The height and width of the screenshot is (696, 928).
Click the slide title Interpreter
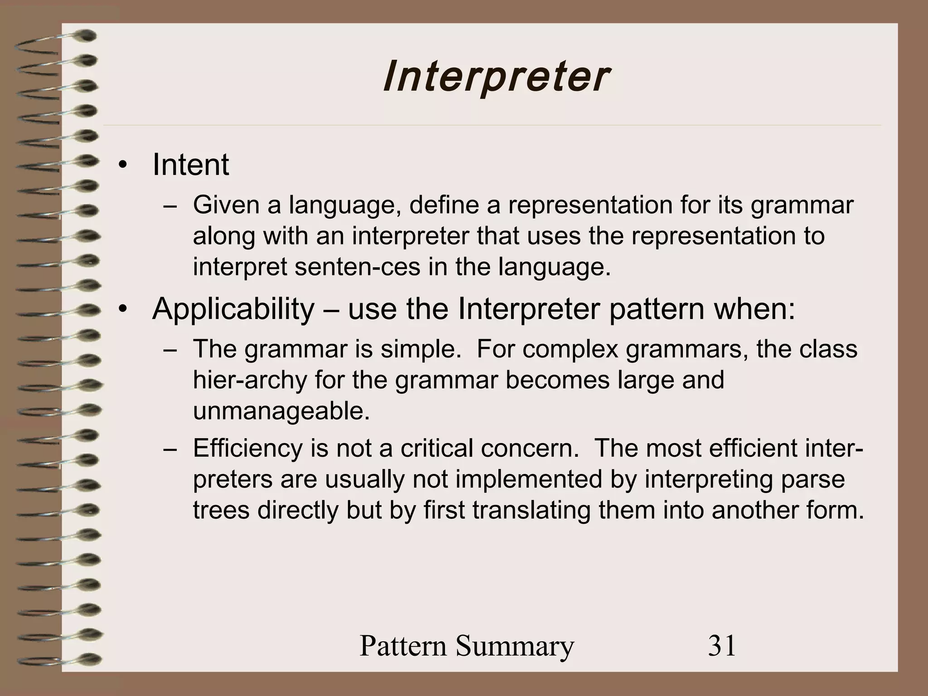pyautogui.click(x=495, y=77)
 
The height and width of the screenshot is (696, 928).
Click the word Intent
pyautogui.click(x=190, y=164)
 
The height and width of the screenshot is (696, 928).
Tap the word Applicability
pyautogui.click(x=233, y=309)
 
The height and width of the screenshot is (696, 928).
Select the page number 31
pyautogui.click(x=722, y=645)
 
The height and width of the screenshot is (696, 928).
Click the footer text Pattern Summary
pyautogui.click(x=466, y=646)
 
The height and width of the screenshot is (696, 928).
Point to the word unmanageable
pyautogui.click(x=281, y=411)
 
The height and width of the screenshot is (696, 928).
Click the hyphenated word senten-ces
pyautogui.click(x=357, y=267)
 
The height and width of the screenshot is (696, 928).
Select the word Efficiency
pyautogui.click(x=247, y=449)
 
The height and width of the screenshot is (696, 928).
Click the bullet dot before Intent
pyautogui.click(x=121, y=166)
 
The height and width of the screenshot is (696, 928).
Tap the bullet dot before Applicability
pyautogui.click(x=121, y=310)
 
